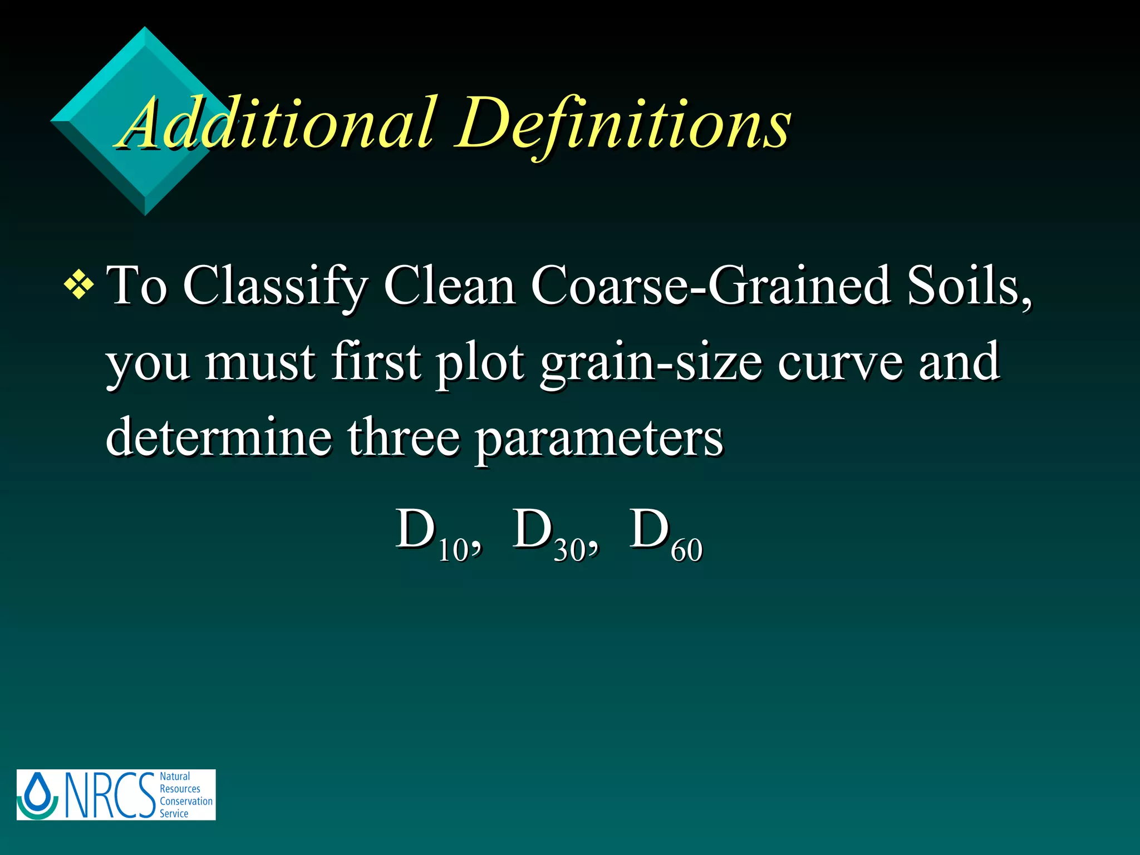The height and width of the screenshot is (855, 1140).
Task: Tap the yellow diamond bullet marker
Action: [79, 286]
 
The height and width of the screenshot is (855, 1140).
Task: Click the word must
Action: [260, 362]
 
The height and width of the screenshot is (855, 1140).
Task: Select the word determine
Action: [219, 437]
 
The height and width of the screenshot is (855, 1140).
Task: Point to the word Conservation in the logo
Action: [186, 801]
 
